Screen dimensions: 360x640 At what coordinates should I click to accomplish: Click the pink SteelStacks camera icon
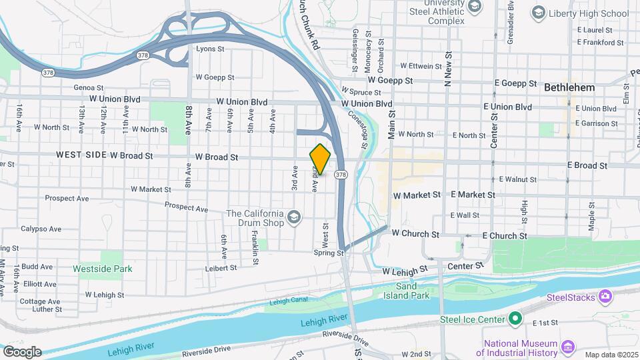pos(605,296)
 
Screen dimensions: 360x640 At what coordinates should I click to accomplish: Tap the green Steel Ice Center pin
pos(515,319)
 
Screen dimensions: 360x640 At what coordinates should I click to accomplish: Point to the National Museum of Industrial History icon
pos(567,346)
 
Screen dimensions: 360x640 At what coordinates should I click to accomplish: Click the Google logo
pos(22,351)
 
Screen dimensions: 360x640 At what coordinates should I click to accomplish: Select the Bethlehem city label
pos(569,87)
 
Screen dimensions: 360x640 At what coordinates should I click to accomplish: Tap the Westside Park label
pos(103,269)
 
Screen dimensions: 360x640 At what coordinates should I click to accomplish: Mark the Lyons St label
pos(210,49)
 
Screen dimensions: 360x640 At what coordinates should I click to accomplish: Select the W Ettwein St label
pos(421,66)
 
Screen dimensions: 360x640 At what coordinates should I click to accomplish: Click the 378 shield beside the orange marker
pos(341,175)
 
